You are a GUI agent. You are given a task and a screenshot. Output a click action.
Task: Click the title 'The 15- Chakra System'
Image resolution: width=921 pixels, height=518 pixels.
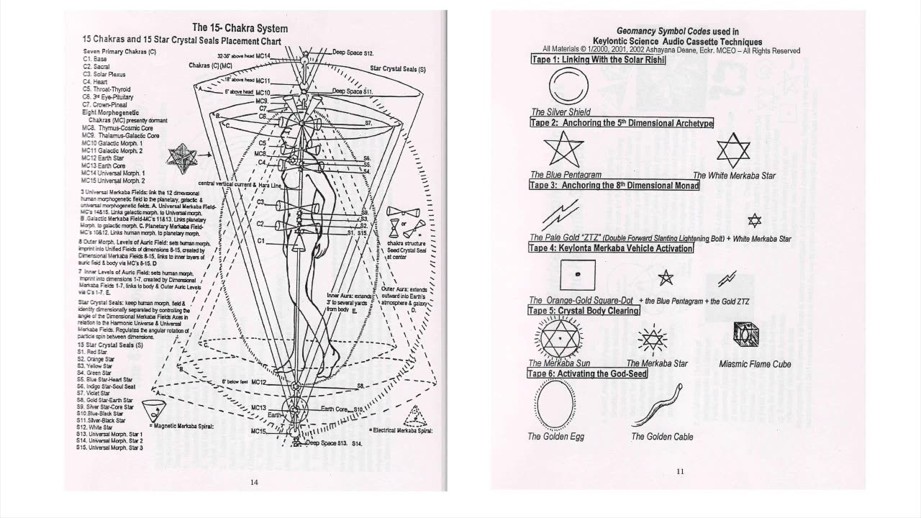[x=240, y=28]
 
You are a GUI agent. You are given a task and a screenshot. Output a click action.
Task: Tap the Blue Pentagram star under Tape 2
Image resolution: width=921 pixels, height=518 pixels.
[x=559, y=150]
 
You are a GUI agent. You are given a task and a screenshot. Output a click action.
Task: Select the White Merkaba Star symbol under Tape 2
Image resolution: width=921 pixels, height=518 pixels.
[x=733, y=150]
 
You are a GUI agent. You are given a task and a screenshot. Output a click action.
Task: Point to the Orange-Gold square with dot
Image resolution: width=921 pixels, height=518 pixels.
[x=577, y=275]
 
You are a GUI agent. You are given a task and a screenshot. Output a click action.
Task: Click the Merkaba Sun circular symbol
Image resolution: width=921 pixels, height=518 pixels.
[x=558, y=336]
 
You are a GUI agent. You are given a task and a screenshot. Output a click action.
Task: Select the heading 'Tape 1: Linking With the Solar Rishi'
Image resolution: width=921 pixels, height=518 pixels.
[x=598, y=60]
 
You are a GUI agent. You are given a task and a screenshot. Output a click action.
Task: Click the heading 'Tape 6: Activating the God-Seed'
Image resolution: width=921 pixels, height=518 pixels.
[x=588, y=373]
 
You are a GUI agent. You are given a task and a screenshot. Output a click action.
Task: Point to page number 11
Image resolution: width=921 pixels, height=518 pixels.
[x=680, y=472]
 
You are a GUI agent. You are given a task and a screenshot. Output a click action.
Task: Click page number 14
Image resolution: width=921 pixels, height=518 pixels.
[x=253, y=482]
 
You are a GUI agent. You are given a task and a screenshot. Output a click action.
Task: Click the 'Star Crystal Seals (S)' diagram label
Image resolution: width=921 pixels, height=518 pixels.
[x=398, y=69]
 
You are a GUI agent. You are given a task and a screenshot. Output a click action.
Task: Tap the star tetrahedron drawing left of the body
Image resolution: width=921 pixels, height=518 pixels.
[x=180, y=155]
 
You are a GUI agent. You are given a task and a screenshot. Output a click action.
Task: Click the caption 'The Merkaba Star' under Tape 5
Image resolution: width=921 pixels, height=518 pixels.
[x=656, y=363]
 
